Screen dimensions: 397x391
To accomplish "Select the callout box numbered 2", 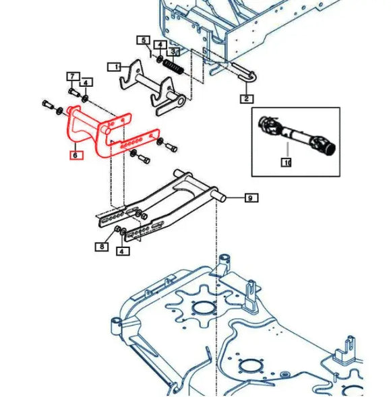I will [247, 98].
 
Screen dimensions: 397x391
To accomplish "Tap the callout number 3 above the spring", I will [173, 51].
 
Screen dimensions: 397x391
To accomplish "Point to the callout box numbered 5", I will [143, 40].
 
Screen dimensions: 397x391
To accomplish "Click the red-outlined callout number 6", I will [76, 154].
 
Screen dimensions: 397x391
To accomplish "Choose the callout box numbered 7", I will [71, 75].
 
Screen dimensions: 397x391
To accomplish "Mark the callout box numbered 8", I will [102, 247].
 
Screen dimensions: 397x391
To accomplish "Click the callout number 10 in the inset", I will [287, 162].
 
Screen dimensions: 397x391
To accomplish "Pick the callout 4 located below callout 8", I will [121, 251].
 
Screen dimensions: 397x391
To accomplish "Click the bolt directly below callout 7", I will [73, 91].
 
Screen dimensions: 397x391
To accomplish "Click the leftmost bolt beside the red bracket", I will [47, 103].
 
